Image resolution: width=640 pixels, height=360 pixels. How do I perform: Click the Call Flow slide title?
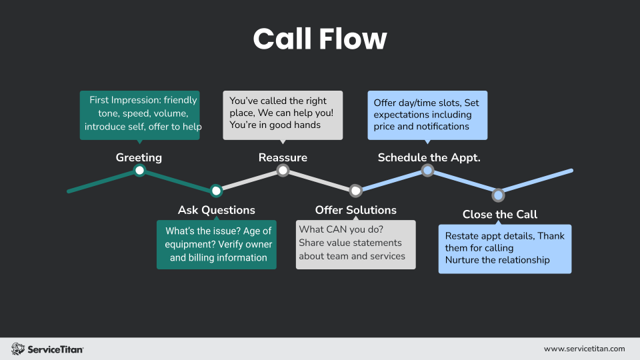click(x=320, y=39)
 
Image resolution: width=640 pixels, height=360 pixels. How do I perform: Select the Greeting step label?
click(x=139, y=157)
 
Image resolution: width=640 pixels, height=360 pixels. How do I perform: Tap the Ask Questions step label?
click(x=216, y=210)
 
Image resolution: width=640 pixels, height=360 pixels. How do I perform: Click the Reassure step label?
click(x=283, y=157)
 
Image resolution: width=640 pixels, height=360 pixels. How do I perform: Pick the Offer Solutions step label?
click(x=355, y=210)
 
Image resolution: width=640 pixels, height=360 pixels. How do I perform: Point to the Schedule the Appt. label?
click(x=429, y=157)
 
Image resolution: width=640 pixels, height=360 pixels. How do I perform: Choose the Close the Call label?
click(x=499, y=214)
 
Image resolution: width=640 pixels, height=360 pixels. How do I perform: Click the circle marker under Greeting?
click(x=139, y=171)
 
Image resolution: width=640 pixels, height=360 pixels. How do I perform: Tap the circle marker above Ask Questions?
click(x=216, y=191)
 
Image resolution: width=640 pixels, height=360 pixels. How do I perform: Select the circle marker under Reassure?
click(x=283, y=171)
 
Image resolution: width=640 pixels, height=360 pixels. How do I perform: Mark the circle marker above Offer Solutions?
click(x=355, y=191)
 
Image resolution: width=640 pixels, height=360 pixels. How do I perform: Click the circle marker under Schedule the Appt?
click(x=427, y=171)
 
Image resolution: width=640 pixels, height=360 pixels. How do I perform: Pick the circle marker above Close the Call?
click(x=498, y=195)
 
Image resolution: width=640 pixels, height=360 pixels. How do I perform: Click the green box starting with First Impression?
click(x=139, y=114)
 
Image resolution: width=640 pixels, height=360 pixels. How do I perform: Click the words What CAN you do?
click(x=331, y=229)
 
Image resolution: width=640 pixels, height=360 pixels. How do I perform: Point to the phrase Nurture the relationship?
click(x=497, y=260)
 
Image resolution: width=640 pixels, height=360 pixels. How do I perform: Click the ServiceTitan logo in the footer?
click(x=47, y=349)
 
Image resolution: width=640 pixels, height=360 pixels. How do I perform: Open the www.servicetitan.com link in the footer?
click(x=584, y=349)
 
